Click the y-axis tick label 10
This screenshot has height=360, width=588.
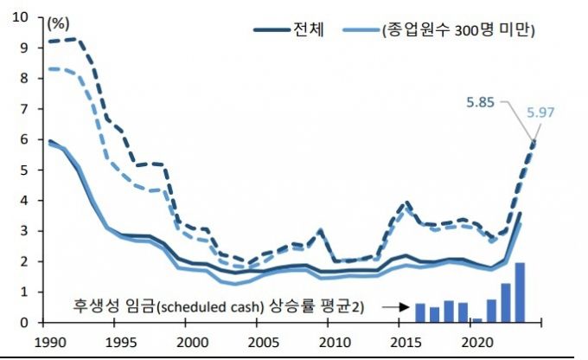(x=19, y=17)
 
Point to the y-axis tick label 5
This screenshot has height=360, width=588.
(x=23, y=170)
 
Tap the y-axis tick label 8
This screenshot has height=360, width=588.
(x=23, y=79)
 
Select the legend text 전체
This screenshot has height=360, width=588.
(x=309, y=30)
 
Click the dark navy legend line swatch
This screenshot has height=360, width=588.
(x=272, y=31)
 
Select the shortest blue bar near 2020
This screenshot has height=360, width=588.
(x=476, y=319)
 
